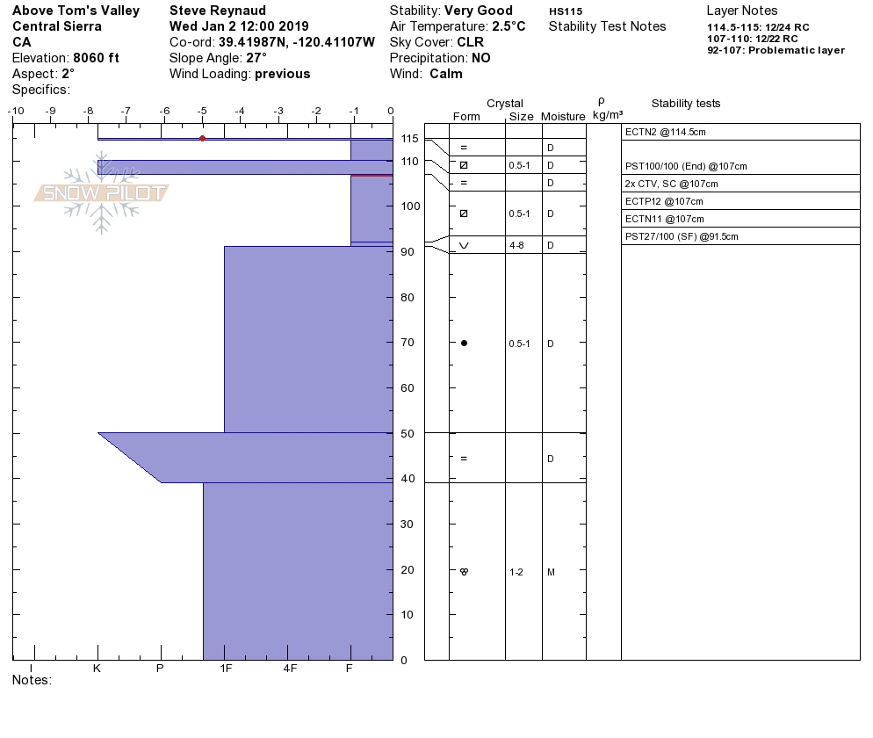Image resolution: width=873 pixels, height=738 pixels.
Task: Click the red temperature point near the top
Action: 203,139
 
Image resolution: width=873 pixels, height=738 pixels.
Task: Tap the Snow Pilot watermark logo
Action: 101,192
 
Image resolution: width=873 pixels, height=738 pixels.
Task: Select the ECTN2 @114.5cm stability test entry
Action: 666,132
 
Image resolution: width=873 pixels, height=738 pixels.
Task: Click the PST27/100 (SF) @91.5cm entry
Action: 682,236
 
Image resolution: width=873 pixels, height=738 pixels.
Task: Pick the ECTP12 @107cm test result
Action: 664,201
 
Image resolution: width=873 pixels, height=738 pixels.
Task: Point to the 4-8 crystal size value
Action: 516,246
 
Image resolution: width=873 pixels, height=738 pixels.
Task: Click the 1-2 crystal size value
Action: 516,573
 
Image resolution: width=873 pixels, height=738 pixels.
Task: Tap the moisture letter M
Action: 551,573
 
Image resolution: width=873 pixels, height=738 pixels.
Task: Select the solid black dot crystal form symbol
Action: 464,344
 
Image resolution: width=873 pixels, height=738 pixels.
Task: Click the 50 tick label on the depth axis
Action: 408,434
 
